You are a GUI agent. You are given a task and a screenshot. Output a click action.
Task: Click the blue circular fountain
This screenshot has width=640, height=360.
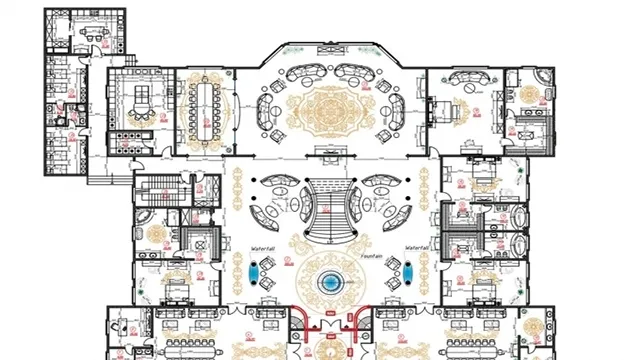coord(328,283)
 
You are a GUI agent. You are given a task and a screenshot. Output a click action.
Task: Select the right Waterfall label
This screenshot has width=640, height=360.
coord(418,248)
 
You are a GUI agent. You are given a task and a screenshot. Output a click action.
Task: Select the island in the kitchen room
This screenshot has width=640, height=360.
coord(139,97)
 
